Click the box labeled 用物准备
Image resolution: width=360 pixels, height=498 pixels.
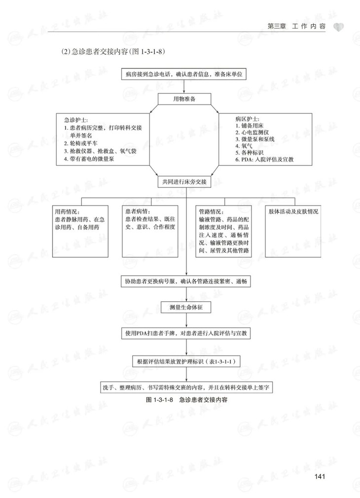pos(184,99)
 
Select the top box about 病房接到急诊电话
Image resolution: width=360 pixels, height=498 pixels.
pos(184,74)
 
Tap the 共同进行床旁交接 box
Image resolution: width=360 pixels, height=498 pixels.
pos(184,181)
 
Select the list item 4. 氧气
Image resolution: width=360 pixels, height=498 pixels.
pos(244,146)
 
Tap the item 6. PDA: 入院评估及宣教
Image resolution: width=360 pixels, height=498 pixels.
pos(264,160)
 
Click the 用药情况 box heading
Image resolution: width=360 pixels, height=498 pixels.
pos(66,212)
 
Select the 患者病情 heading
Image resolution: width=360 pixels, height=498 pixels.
pos(138,212)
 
